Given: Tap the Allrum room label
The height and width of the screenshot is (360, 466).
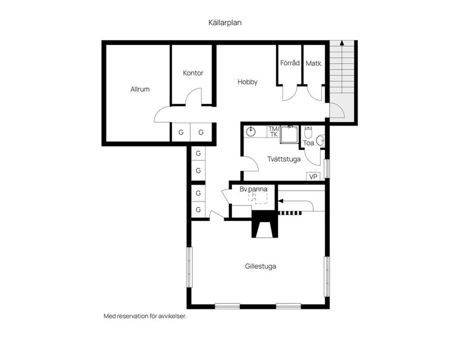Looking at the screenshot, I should point(140,89).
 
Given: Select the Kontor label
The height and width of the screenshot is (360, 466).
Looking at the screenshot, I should point(193,73).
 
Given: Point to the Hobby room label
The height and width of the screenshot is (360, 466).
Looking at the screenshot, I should point(247,82).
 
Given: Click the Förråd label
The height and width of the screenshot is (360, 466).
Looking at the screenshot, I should point(290,63).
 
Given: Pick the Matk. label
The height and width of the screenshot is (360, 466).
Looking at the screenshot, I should point(314,63).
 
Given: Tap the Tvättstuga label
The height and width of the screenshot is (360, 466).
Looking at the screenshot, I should point(284,159).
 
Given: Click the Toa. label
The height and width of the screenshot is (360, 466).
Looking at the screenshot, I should point(309,143).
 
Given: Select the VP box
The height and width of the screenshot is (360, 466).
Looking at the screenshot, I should point(313,176).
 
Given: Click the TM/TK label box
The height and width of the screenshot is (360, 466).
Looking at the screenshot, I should point(273,132).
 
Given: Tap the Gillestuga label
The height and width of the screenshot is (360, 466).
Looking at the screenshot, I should point(261,266).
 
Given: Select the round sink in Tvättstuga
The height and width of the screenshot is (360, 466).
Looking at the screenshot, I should point(251,131).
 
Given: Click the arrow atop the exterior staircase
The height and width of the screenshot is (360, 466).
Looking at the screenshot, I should point(342,43).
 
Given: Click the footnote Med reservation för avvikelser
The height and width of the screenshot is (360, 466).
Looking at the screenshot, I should point(145,316).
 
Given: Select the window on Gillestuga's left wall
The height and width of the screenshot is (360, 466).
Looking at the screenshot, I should point(190,267).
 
